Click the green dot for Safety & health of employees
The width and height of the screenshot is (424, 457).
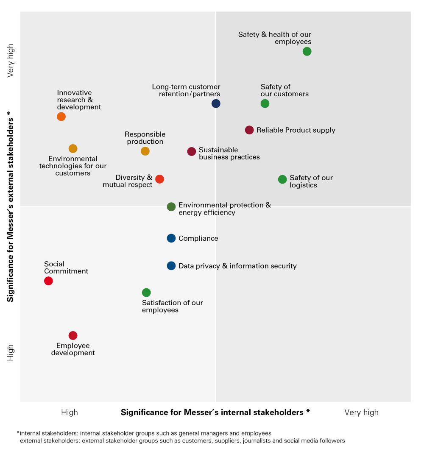click(307, 51)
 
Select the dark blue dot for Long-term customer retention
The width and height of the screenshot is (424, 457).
click(216, 103)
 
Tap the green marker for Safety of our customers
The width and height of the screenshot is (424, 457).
click(265, 103)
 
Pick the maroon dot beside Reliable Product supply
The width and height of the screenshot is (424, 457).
click(249, 130)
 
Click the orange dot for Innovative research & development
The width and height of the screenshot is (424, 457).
click(61, 117)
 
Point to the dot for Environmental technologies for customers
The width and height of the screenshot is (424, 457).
click(73, 148)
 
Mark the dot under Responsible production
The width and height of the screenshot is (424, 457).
click(145, 151)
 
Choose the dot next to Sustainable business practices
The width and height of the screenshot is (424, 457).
click(192, 151)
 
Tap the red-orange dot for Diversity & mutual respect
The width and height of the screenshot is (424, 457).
click(159, 179)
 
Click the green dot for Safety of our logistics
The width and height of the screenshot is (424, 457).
click(282, 179)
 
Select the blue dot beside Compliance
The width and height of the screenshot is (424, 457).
click(171, 238)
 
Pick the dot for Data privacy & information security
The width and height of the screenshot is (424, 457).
click(171, 266)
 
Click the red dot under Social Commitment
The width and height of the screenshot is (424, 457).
click(48, 281)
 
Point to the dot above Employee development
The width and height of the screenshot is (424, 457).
click(73, 335)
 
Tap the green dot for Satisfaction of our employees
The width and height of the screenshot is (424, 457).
click(146, 293)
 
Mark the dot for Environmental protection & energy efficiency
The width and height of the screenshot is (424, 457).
click(171, 207)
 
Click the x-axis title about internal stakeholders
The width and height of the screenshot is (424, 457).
click(215, 412)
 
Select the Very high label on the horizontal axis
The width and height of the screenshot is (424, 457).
click(361, 412)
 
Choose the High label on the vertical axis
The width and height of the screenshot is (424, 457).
click(11, 353)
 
